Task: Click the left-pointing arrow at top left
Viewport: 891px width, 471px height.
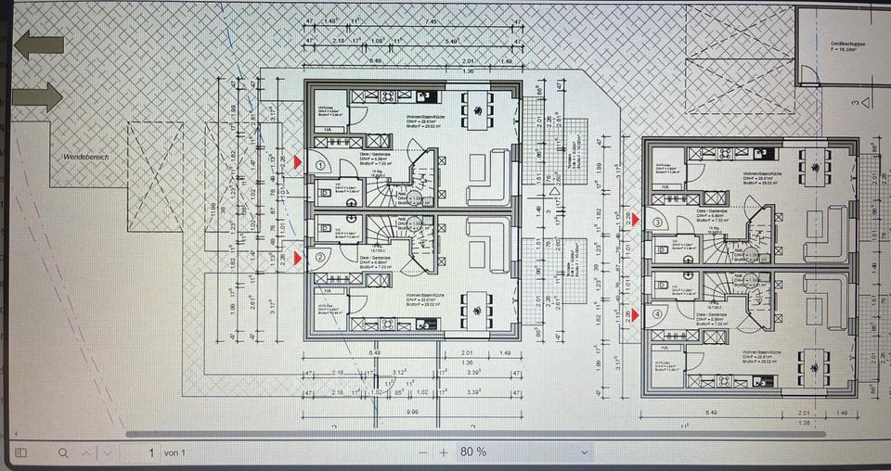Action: (39, 45)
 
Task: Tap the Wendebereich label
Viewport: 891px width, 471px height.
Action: (85, 157)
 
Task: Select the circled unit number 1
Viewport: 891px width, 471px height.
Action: (321, 165)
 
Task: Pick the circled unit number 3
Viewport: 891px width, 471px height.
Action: (657, 223)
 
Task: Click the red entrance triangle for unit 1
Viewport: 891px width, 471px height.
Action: (298, 162)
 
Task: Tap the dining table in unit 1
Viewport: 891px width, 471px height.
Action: (478, 114)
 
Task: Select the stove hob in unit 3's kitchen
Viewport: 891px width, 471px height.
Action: (723, 154)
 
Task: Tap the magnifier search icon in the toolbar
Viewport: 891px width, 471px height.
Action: (63, 452)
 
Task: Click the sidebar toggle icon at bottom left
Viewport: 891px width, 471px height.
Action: (20, 452)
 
